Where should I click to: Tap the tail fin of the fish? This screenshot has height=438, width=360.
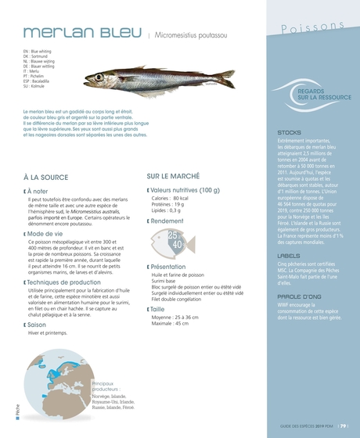click(225, 77)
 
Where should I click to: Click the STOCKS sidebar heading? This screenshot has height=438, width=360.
click(289, 133)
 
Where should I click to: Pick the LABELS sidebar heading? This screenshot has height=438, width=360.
click(289, 256)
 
